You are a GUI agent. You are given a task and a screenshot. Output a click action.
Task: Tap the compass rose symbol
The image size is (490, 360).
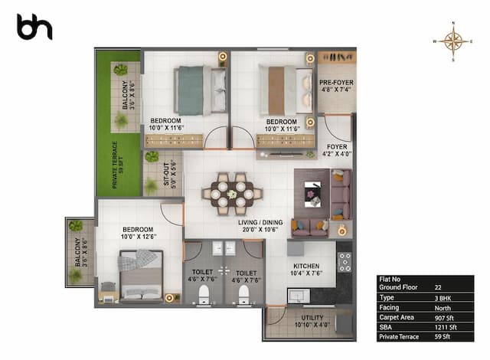454,41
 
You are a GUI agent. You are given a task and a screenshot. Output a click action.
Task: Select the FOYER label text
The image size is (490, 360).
337,149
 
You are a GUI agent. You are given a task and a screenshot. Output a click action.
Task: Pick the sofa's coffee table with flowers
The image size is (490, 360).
312,195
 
